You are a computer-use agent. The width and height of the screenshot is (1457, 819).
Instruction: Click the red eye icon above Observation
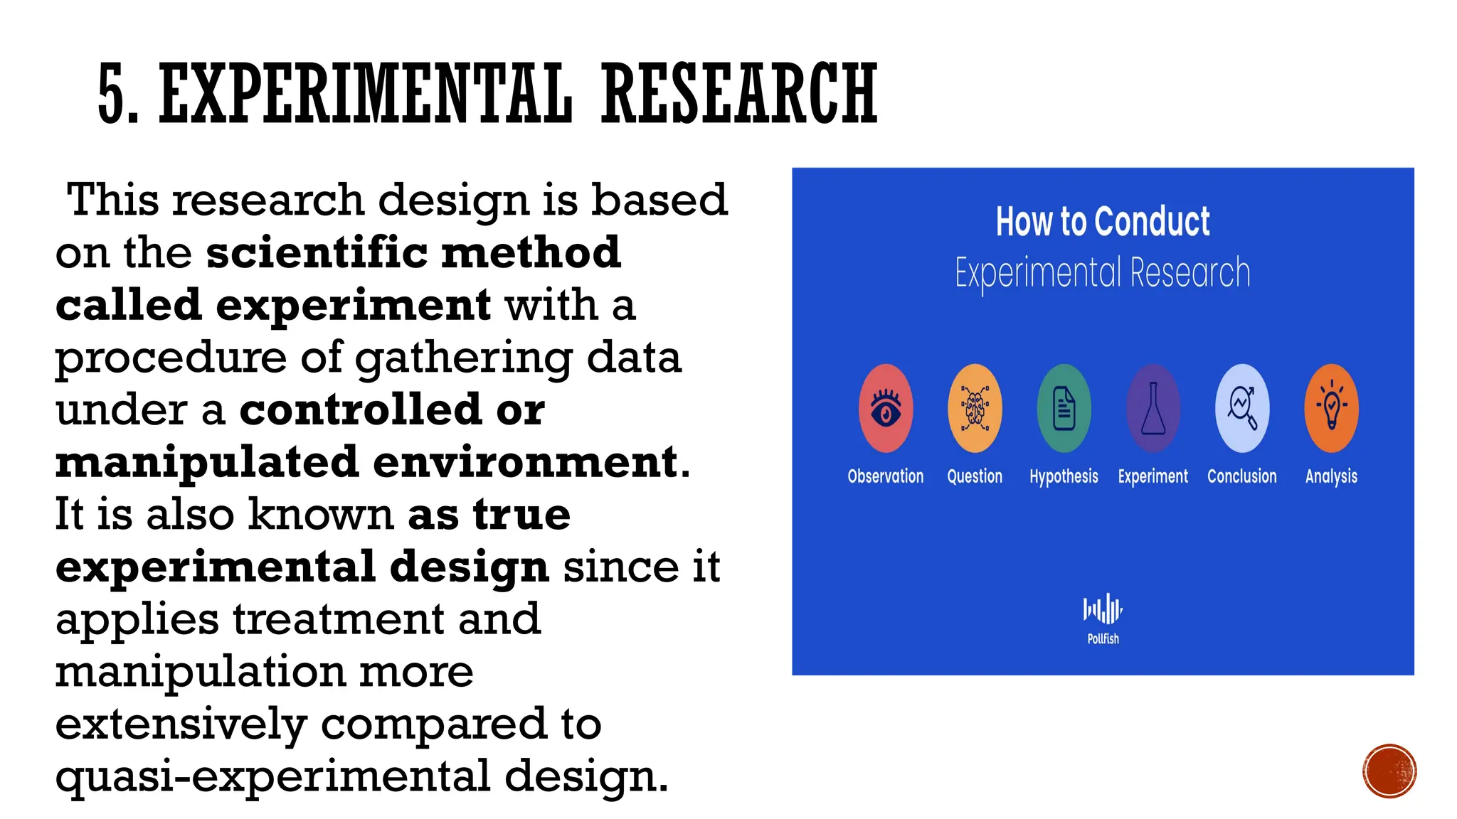coord(886,409)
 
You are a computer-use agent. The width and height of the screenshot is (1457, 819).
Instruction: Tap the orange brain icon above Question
coord(975,409)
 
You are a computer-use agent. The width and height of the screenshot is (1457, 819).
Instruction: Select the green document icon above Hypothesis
coord(1064,409)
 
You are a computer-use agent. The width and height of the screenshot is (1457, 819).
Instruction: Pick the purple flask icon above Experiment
coord(1153,409)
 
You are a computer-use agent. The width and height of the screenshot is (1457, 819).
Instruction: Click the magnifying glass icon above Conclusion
coord(1242,409)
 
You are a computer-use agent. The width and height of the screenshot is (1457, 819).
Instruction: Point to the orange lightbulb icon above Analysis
coord(1332,409)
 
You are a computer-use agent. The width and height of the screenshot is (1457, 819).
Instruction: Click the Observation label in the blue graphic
coord(886,476)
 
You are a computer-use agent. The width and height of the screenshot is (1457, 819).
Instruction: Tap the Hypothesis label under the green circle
coord(1064,476)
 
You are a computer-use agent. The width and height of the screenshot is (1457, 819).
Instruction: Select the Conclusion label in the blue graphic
coord(1242,476)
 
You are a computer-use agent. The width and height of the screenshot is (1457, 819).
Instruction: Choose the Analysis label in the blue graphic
coord(1331,476)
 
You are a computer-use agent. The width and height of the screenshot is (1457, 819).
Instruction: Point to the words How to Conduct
coord(1103,221)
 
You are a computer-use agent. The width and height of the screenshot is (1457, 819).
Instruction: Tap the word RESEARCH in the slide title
coord(740,95)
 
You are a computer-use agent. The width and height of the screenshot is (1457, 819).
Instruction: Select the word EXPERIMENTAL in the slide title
coord(366,95)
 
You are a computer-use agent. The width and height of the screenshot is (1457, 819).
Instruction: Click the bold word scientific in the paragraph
coord(317,252)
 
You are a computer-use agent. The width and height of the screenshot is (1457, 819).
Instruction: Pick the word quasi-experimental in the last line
coord(273,776)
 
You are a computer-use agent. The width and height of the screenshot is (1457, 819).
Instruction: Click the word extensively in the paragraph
coord(181,724)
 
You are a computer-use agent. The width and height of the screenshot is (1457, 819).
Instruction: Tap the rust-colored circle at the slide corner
coord(1389,771)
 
